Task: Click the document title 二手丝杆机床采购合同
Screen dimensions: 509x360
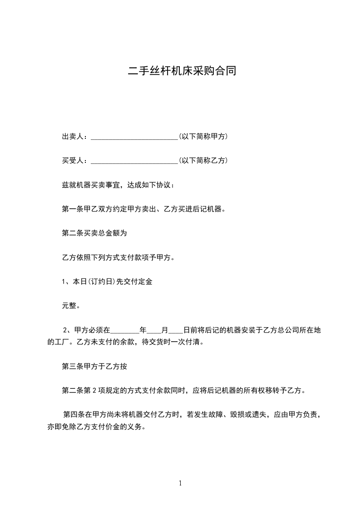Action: coord(182,71)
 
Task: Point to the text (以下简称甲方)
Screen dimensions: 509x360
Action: coord(203,137)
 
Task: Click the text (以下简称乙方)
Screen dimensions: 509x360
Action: coord(203,161)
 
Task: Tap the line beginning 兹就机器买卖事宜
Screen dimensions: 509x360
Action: coord(117,185)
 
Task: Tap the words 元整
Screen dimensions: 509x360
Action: coord(71,306)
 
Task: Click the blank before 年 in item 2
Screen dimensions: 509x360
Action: coord(125,331)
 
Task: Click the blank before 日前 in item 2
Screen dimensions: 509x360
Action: coord(176,331)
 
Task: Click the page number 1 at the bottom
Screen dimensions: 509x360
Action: coord(180,483)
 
